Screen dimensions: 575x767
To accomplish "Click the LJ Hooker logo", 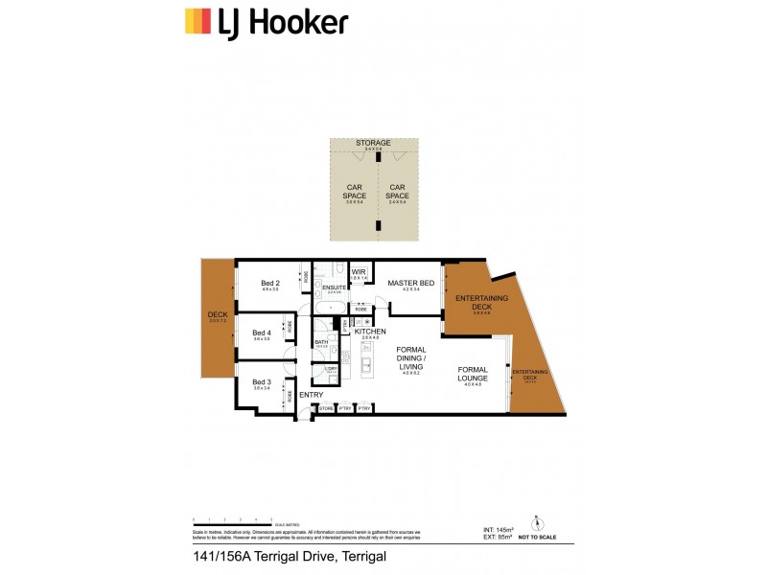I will click(266, 21).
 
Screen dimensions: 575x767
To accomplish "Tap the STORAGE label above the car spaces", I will click(373, 143).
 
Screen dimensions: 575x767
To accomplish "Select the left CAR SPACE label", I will click(354, 192).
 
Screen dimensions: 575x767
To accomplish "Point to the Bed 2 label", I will click(270, 283).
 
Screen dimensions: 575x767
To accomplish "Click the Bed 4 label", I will click(262, 333).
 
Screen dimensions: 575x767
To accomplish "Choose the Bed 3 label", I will click(262, 382).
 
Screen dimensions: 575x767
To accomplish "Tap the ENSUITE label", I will click(334, 287).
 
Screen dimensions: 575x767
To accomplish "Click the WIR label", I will click(360, 271).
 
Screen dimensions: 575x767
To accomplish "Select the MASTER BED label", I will click(410, 284).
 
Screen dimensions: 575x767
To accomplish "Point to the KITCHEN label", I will click(369, 332).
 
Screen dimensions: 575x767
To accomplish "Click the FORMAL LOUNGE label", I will click(473, 373).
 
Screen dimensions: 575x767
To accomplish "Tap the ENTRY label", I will click(311, 395).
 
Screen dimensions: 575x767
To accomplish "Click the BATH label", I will click(321, 341).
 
